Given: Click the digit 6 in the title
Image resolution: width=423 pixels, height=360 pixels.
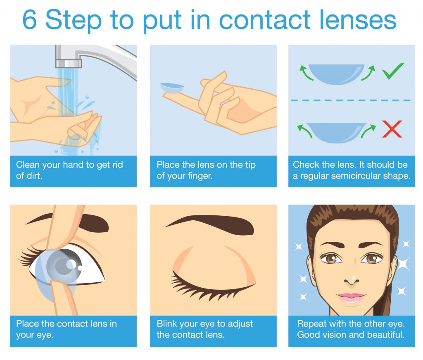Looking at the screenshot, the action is pos(30,19).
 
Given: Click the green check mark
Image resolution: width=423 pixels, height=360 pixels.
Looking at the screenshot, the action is pos(393,71).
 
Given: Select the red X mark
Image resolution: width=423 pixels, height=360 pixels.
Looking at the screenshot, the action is pos(392,129).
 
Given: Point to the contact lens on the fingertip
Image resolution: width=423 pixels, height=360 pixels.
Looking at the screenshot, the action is pos(172,88).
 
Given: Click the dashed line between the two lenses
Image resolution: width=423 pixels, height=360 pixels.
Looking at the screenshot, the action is pos(351,100).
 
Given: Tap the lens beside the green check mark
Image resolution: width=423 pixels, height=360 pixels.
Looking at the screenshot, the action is pos(336,74).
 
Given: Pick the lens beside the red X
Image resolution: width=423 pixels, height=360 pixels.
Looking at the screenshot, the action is pos(336,132).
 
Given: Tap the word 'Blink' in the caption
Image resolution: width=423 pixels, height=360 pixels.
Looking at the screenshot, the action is pos(167,324).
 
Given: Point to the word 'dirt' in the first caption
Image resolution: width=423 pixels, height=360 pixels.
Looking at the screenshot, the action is pos(36,176).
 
